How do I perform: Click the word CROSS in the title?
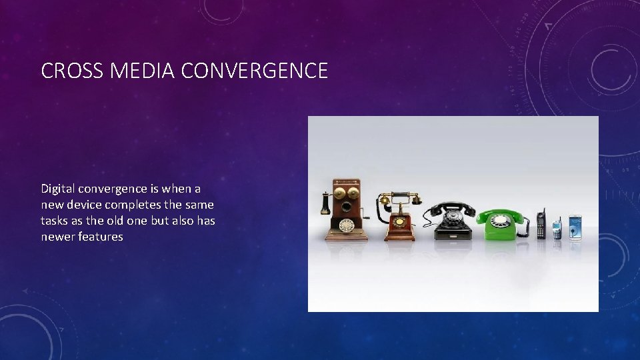63,71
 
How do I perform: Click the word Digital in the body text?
59,189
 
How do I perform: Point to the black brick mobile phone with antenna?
541,225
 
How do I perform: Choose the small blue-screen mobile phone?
557,229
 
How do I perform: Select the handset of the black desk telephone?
453,207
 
